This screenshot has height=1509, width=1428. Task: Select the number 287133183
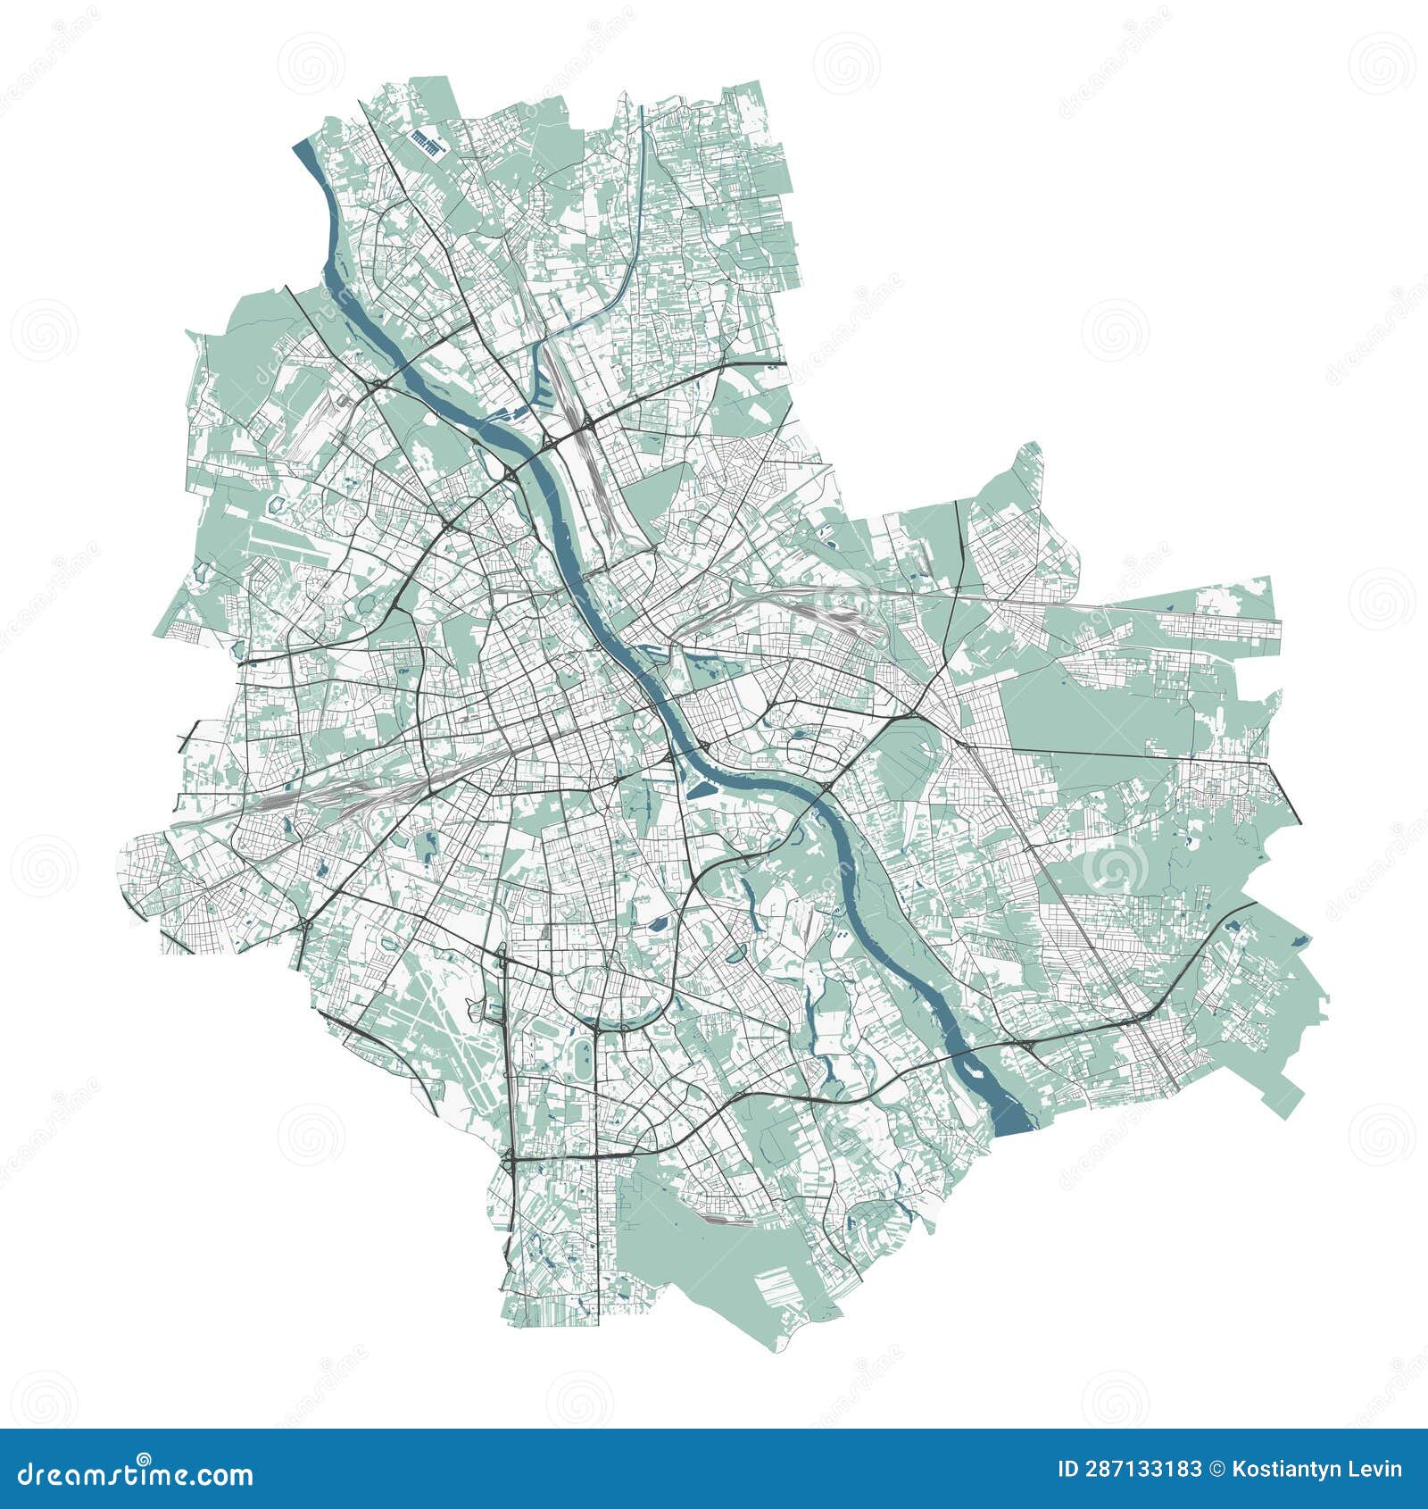[x=1129, y=1470]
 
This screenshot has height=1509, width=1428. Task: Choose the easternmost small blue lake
[x=1299, y=939]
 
